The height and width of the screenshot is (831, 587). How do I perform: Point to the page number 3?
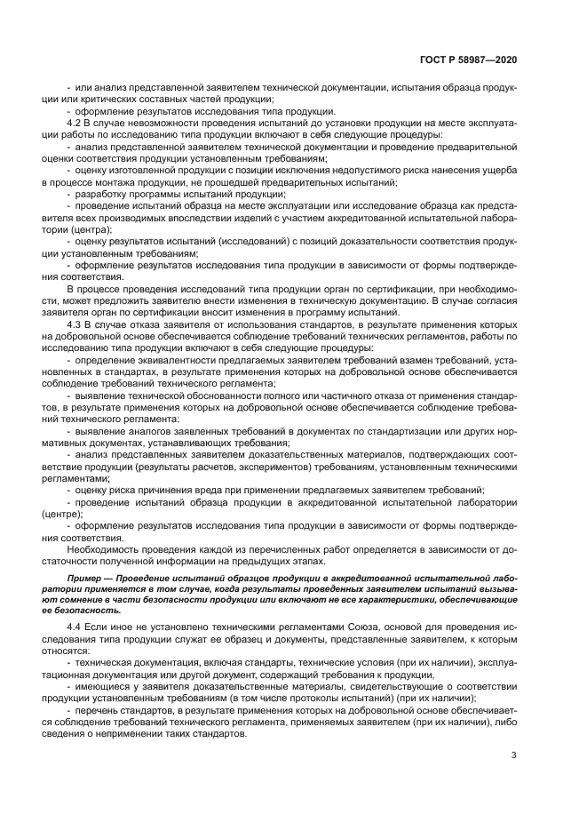point(514,755)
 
